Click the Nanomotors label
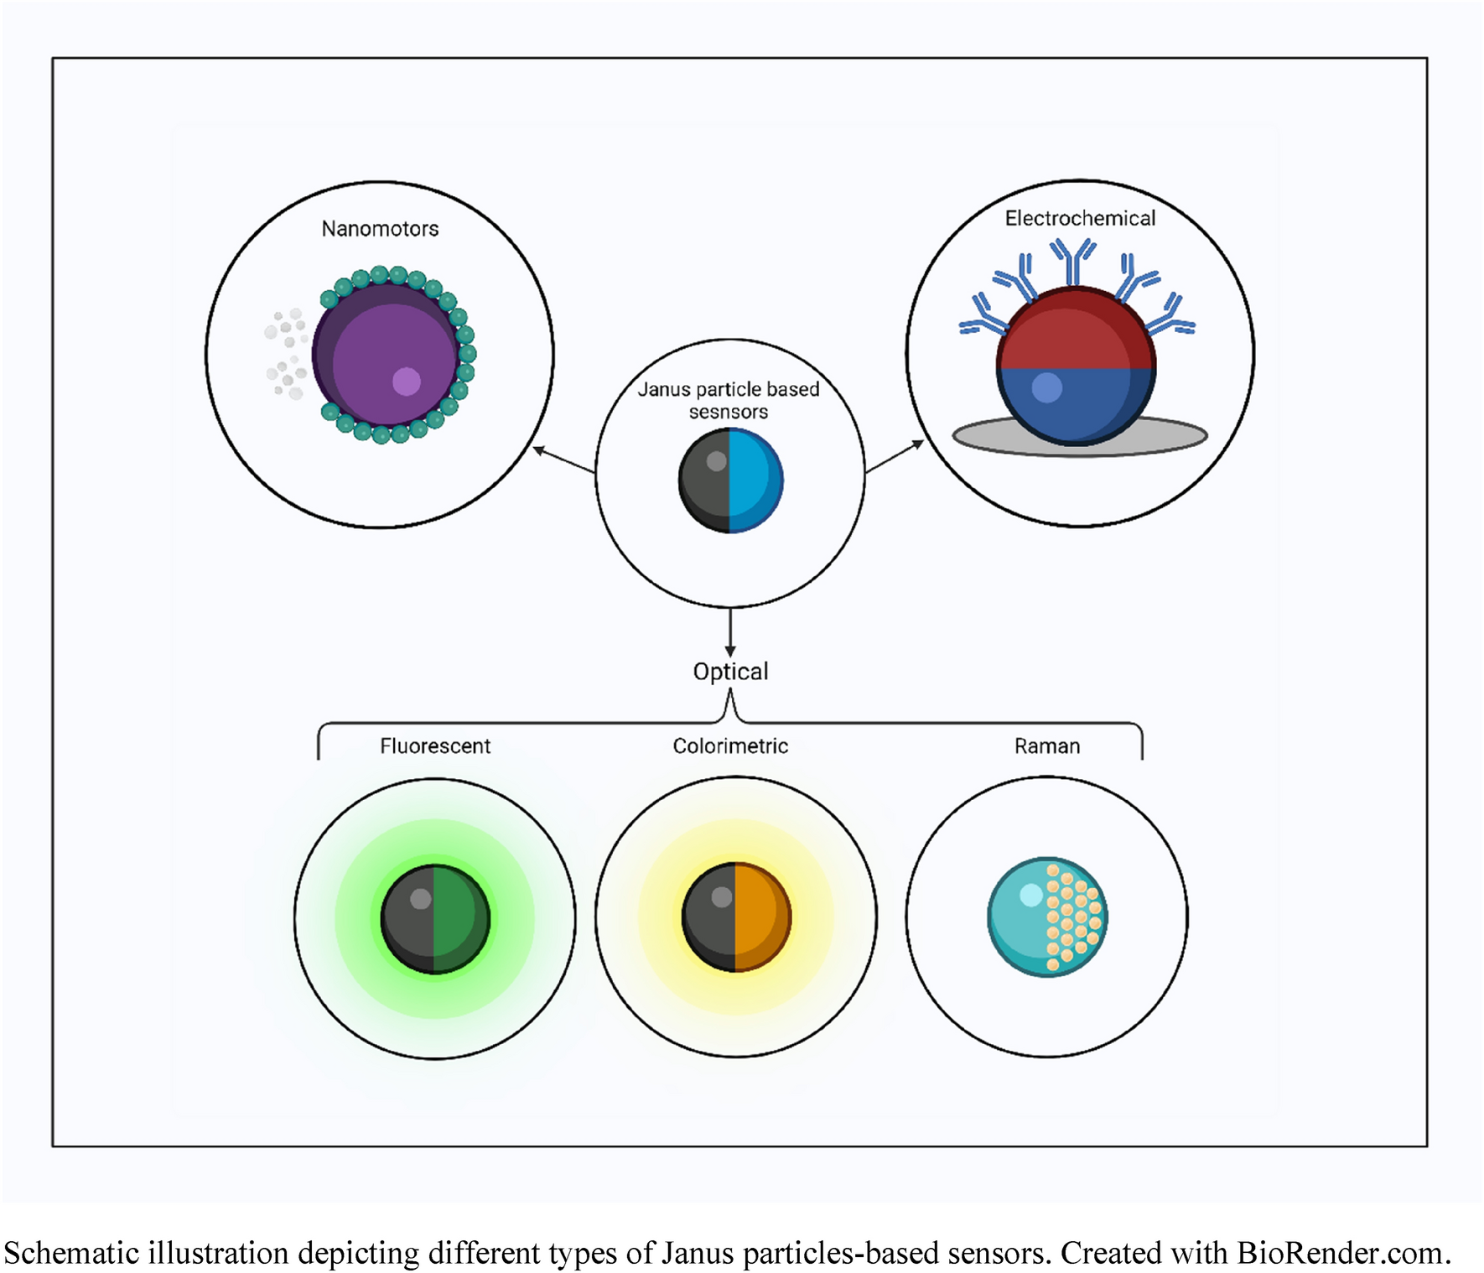(x=380, y=229)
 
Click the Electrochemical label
(x=1080, y=219)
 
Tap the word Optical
(x=730, y=672)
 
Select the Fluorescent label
(x=435, y=746)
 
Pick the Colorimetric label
(x=730, y=746)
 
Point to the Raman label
(x=1047, y=746)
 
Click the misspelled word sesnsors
(x=728, y=413)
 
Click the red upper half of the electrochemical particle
(x=1077, y=331)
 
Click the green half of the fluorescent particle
(x=460, y=919)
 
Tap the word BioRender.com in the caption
(x=1343, y=1253)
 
